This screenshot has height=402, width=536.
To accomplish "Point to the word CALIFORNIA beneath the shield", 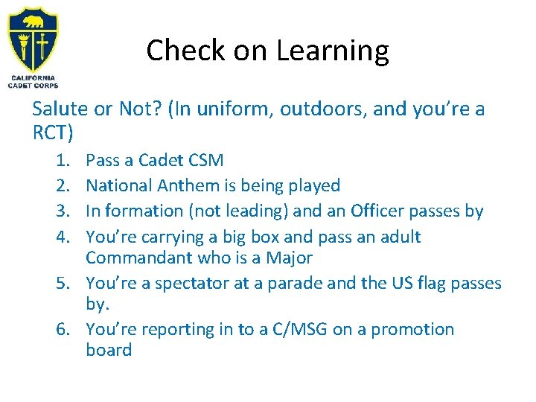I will (32, 78).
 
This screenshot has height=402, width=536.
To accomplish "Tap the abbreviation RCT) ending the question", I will (52, 133).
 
